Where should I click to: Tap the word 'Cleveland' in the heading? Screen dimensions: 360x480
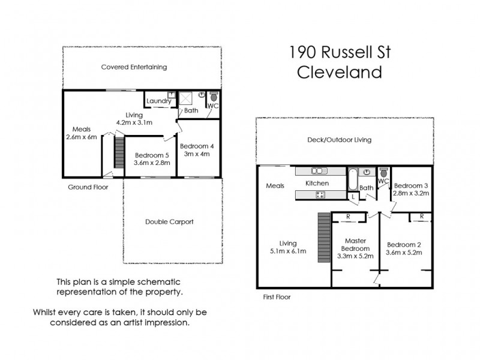(340, 73)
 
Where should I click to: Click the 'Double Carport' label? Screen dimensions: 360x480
(169, 221)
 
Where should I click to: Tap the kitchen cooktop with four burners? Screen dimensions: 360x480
(320, 194)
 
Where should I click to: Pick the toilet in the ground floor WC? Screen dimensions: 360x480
(212, 96)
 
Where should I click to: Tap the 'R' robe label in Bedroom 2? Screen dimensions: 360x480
(422, 216)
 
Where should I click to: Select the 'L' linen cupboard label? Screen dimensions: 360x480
(353, 196)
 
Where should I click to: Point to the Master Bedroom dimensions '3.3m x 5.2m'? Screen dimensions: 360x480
(356, 256)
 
